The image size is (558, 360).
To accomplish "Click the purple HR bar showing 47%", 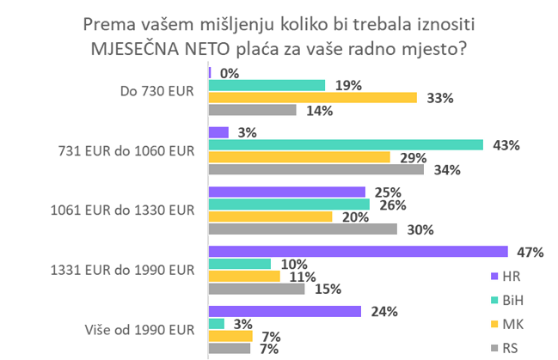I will [359, 252].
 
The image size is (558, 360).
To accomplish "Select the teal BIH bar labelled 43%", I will [346, 144].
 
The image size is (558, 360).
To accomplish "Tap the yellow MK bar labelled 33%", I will [313, 97].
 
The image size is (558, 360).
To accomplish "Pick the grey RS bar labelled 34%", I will [316, 170].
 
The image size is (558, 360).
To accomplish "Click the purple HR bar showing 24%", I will [285, 310].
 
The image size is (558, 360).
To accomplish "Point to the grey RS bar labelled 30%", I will [304, 229].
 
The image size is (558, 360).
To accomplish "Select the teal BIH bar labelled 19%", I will [267, 84].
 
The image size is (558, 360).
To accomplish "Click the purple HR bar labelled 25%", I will [287, 191].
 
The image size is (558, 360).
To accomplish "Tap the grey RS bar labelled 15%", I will [257, 289].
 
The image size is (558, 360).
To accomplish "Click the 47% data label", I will [531, 253].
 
